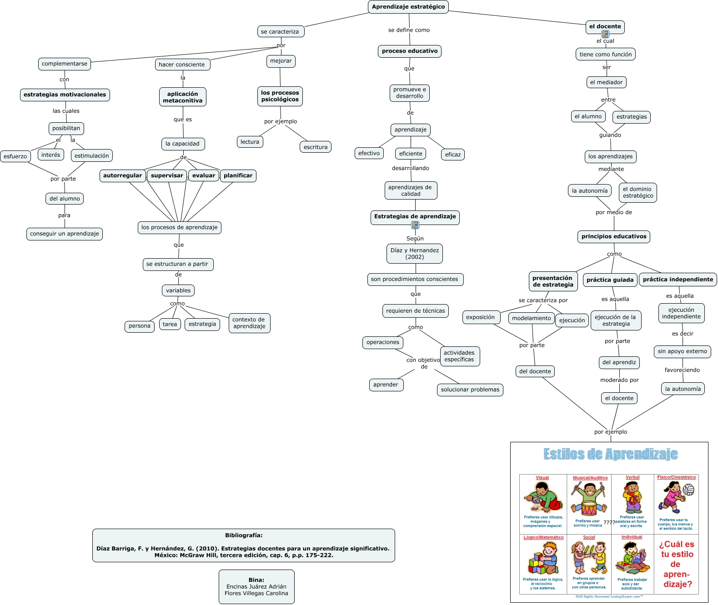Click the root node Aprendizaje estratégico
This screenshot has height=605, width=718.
pyautogui.click(x=408, y=7)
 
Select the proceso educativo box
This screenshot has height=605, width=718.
pyautogui.click(x=410, y=51)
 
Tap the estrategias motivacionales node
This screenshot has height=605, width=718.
pyautogui.click(x=65, y=95)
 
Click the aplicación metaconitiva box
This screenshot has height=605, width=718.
pyautogui.click(x=183, y=97)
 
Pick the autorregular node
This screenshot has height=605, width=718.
pyautogui.click(x=122, y=176)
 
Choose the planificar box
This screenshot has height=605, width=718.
pyautogui.click(x=238, y=176)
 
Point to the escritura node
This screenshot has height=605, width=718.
pyautogui.click(x=316, y=147)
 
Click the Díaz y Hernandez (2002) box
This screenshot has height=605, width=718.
pyautogui.click(x=415, y=254)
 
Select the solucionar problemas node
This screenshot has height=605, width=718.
pyautogui.click(x=470, y=390)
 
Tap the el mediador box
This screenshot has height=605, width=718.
pyautogui.click(x=606, y=83)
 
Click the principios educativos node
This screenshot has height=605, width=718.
pyautogui.click(x=614, y=237)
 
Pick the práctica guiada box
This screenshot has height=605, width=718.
pyautogui.click(x=610, y=280)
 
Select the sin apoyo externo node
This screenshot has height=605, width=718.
pyautogui.click(x=683, y=351)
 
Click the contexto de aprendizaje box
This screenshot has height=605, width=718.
pyautogui.click(x=249, y=323)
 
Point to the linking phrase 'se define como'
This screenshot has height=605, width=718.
pyautogui.click(x=409, y=30)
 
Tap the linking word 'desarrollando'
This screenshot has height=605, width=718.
pyautogui.click(x=411, y=168)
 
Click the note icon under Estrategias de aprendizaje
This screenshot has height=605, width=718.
pyautogui.click(x=415, y=225)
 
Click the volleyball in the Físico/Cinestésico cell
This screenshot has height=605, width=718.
pyautogui.click(x=688, y=490)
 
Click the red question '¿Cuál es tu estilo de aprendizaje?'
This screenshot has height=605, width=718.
pyautogui.click(x=677, y=564)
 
